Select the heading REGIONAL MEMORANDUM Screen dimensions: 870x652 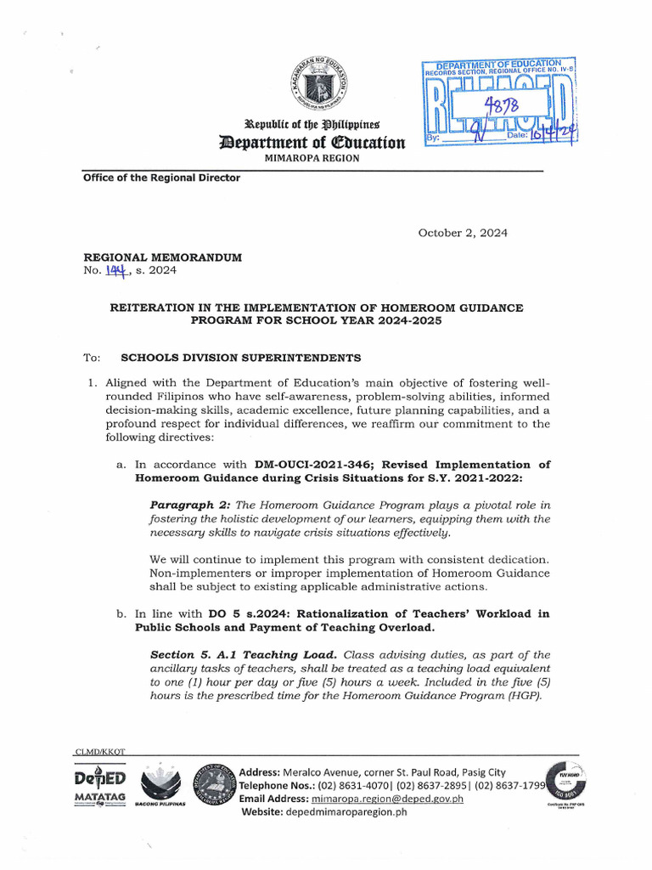pos(162,257)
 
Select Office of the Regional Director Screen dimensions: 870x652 pos(161,178)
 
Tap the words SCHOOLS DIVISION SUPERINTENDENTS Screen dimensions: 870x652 pos(241,358)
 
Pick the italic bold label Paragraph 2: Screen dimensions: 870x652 pos(185,505)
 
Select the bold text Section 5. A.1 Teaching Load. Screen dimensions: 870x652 pos(244,654)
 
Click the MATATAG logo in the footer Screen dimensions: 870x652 pos(100,789)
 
